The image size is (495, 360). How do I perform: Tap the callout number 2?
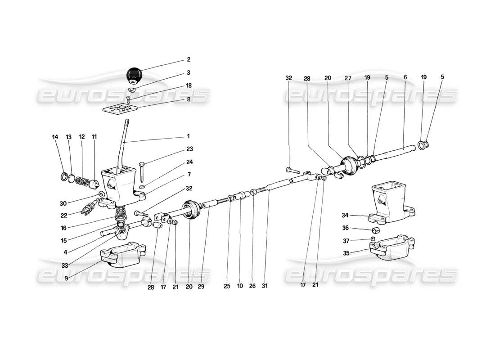tap(189, 59)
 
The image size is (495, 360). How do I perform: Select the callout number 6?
tap(405, 78)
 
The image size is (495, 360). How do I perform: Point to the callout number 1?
tap(189, 136)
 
